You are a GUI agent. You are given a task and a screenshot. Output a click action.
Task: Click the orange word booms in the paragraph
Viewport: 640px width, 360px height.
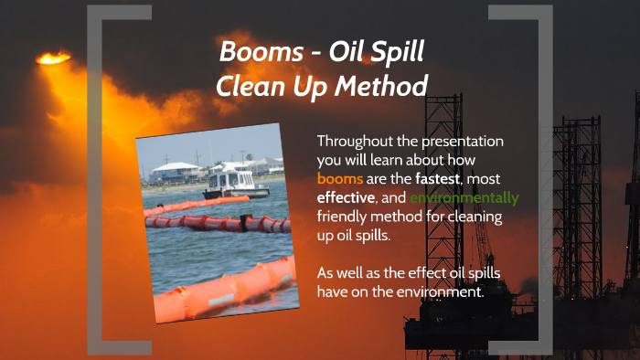pos(340,178)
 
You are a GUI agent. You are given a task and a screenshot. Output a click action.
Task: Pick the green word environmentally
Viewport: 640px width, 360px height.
pos(464,197)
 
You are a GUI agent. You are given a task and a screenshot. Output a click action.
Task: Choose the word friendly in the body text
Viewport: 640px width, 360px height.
pos(346,217)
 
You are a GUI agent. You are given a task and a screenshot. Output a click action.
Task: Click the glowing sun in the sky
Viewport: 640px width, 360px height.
pos(53,58)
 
